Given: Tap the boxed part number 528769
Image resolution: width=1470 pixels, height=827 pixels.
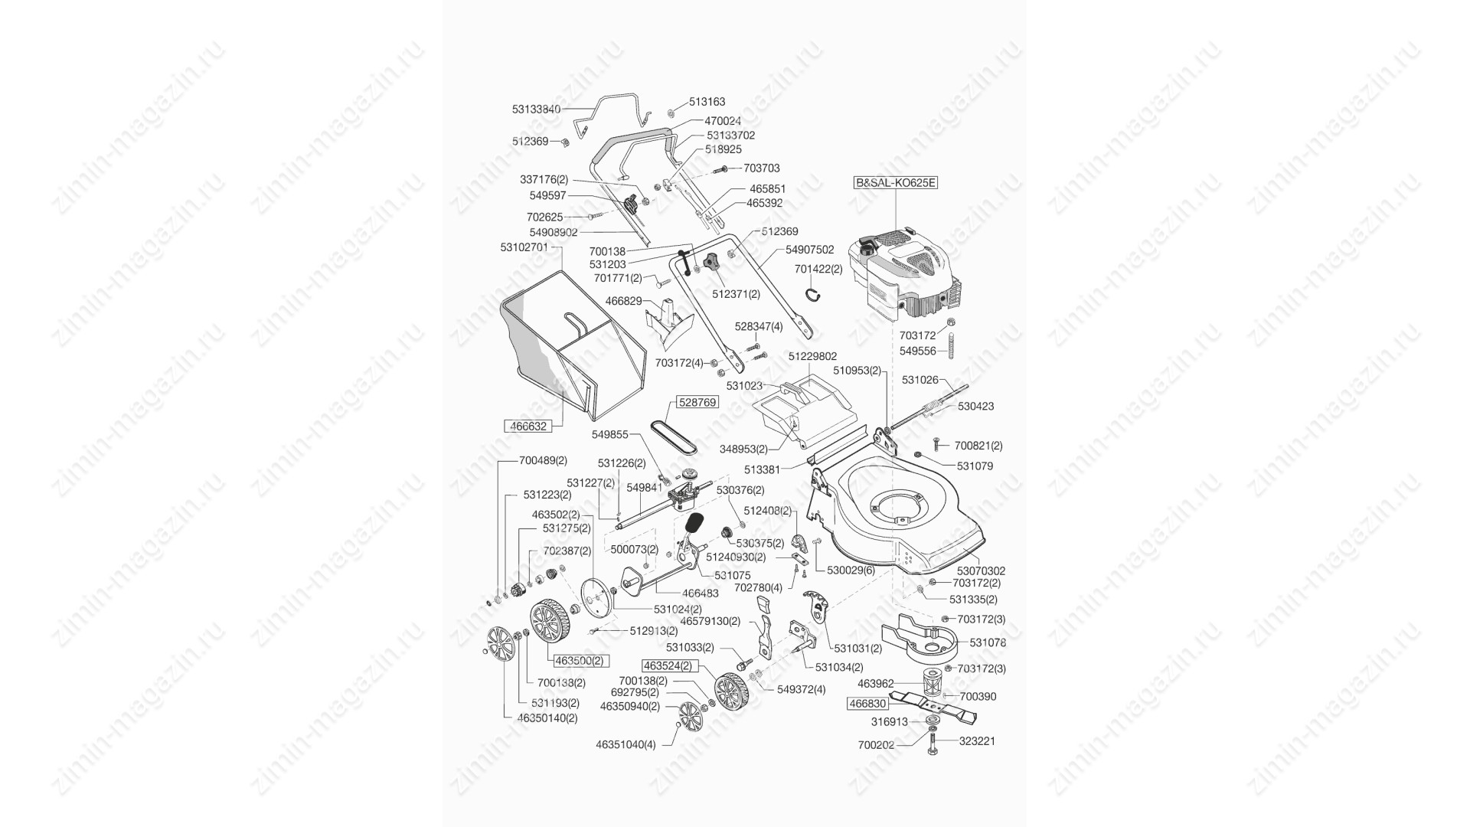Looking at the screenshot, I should tap(696, 402).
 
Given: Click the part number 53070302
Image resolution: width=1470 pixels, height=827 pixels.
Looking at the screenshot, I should tap(981, 570).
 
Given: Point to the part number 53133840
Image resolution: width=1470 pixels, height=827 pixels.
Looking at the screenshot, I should tap(536, 110).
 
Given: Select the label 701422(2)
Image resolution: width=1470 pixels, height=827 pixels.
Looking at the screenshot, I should tap(818, 269).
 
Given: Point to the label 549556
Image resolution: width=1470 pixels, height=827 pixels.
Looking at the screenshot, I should tap(917, 351).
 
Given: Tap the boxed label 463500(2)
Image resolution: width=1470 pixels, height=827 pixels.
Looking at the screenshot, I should tap(579, 660).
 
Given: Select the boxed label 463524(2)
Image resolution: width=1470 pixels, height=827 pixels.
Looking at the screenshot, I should tap(668, 665).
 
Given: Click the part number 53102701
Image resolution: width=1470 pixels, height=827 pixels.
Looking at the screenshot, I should tap(524, 247).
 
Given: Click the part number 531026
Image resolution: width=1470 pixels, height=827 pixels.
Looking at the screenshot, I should tap(920, 379).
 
